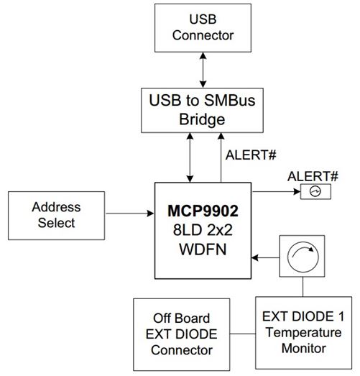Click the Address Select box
coord(57,214)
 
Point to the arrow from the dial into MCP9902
coord(265,258)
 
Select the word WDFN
coord(203,252)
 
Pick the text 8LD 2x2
coord(203,233)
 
